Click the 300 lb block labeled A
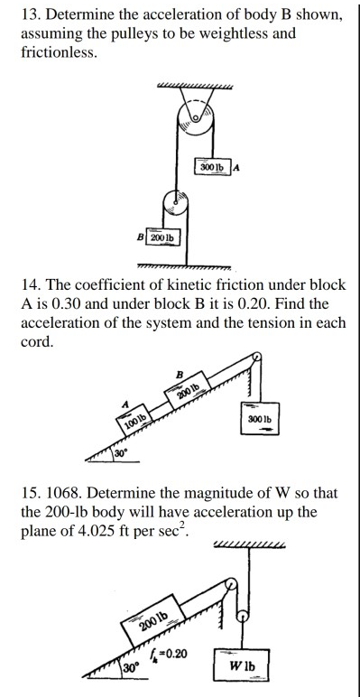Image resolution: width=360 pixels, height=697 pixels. [213, 166]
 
